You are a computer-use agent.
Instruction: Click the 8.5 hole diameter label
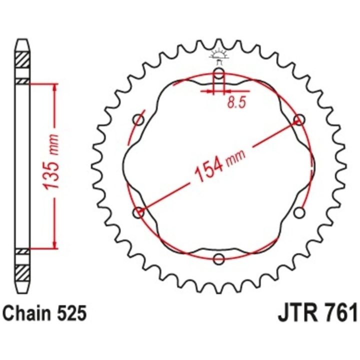236,102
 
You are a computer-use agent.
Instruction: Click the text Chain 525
45,313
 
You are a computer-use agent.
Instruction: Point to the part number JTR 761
317,313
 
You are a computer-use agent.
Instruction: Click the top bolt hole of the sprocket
219,73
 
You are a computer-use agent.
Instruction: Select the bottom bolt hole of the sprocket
218,259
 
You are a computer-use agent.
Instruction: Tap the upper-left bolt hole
138,119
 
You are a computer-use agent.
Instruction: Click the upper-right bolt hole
299,120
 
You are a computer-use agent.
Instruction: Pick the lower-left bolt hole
138,212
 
